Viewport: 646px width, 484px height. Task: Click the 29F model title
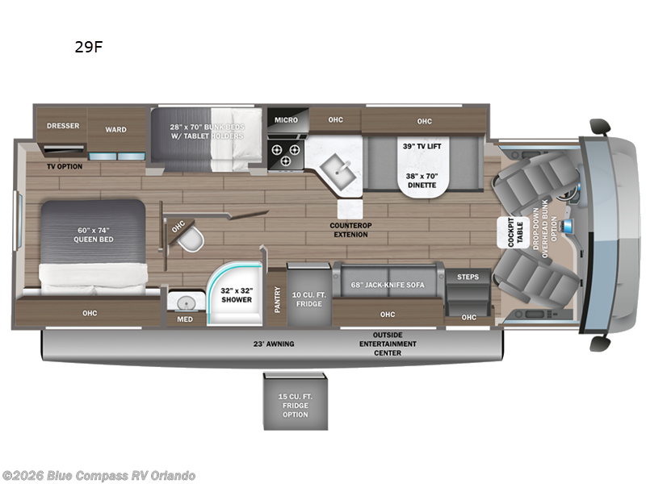88,47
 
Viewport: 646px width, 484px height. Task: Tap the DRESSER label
62,126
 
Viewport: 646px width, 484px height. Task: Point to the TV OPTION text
65,165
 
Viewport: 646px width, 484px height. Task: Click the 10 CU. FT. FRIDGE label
308,298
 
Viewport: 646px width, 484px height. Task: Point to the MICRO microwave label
286,120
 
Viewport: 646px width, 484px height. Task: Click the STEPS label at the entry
468,277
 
